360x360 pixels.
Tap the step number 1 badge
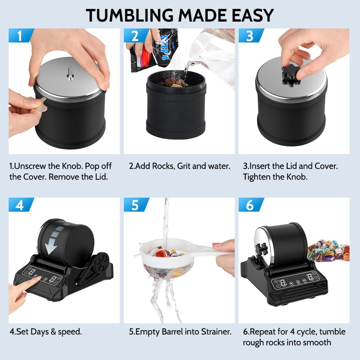click(x=20, y=36)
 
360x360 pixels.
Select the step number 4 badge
click(x=20, y=205)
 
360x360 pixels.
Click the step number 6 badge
click(x=249, y=205)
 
